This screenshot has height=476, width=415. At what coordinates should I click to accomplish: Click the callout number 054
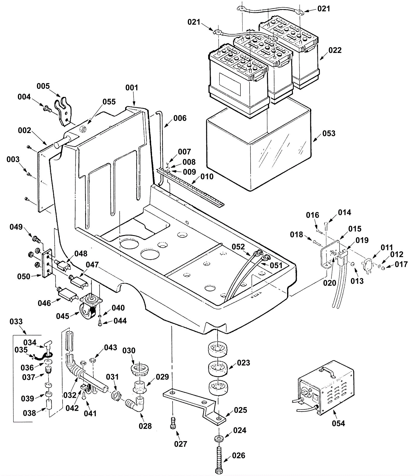click(338, 424)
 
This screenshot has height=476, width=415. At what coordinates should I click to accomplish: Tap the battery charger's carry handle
click(329, 370)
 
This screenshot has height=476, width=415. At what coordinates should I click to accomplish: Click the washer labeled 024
click(219, 438)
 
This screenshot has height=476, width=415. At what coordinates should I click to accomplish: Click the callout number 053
click(329, 133)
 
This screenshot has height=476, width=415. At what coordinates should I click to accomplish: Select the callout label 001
click(132, 88)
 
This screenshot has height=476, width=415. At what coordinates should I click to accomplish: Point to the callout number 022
click(335, 50)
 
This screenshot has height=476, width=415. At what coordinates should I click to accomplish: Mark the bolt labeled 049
click(36, 238)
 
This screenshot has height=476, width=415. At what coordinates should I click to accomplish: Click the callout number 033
click(16, 322)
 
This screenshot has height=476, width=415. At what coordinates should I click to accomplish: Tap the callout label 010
click(207, 177)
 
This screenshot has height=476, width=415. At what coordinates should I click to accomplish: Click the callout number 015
click(355, 229)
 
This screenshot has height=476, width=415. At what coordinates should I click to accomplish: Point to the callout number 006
click(180, 118)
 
